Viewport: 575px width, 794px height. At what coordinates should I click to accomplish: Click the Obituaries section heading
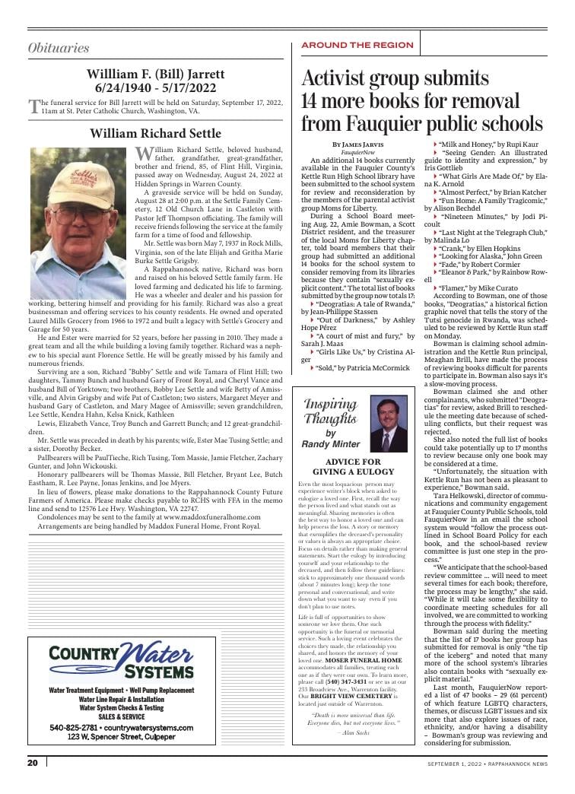click(59, 48)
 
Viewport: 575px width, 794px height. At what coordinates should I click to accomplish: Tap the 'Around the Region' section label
click(357, 45)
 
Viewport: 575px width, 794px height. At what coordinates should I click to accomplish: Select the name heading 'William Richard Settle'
click(155, 134)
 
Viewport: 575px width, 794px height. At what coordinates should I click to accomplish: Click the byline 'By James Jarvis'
click(357, 144)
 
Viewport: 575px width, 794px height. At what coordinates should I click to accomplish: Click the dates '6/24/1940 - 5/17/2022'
click(155, 87)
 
